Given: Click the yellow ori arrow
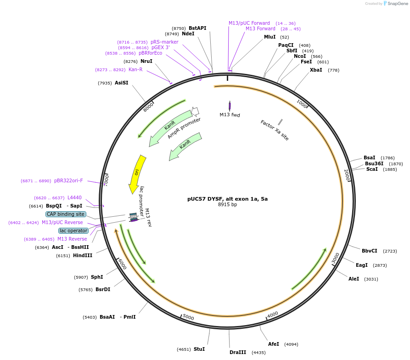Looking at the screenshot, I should (137, 173).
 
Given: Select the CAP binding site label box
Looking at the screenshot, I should (65, 214).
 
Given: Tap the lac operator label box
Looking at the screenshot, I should (73, 231).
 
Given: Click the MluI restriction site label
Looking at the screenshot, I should (270, 37).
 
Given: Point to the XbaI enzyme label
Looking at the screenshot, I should (316, 70).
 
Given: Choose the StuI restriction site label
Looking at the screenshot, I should (199, 349).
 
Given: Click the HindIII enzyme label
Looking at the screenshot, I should (83, 255).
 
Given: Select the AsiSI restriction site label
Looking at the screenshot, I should (121, 83).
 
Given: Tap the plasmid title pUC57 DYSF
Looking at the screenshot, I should (227, 199).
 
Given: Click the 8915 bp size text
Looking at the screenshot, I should (227, 205).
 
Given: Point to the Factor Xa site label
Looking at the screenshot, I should (275, 130).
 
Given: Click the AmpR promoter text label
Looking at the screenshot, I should (184, 128).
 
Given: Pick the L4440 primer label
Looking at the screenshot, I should (74, 197).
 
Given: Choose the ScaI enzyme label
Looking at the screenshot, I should (372, 169).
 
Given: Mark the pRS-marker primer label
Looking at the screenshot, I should (164, 42).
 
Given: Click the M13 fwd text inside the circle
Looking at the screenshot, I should (230, 115).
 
